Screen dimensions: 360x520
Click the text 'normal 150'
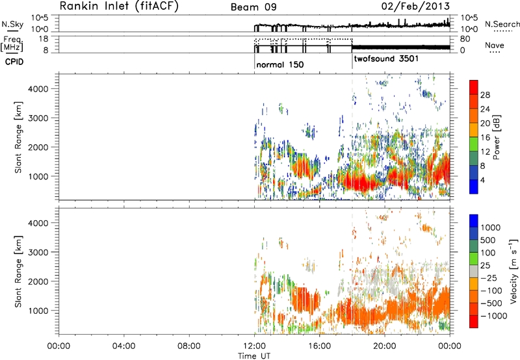pyautogui.click(x=279, y=65)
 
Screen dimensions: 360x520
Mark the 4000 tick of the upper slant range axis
pyautogui.click(x=45, y=88)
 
